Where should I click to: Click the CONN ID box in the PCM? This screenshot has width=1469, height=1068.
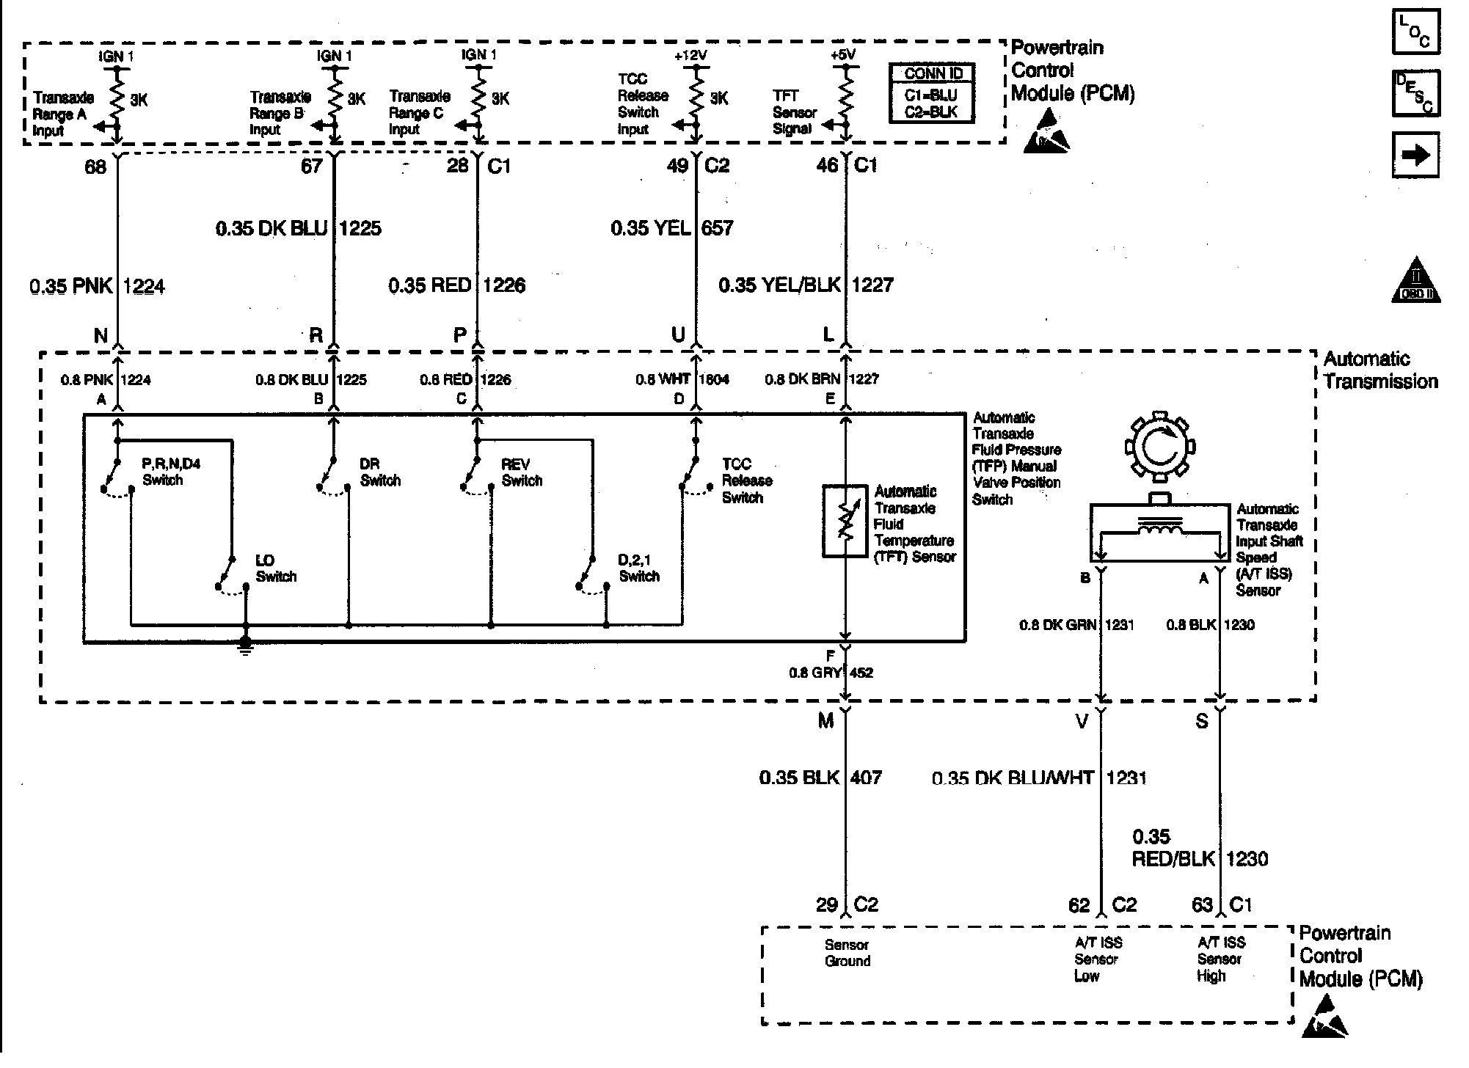click(x=932, y=93)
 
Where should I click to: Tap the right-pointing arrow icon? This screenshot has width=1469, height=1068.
click(x=1415, y=155)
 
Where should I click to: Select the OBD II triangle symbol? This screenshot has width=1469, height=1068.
click(x=1416, y=280)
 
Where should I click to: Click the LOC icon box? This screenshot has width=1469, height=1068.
click(x=1416, y=31)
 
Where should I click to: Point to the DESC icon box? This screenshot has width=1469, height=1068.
click(x=1416, y=93)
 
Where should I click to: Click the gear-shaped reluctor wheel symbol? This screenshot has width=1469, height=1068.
click(x=1159, y=447)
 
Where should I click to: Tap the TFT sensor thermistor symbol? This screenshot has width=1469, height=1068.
click(x=845, y=521)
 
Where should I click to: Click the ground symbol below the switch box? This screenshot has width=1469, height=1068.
click(x=245, y=645)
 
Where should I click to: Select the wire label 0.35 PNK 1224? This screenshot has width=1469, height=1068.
click(x=98, y=286)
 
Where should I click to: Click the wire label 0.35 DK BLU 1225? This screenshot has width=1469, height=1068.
click(x=299, y=229)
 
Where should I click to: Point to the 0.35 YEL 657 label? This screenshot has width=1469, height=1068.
click(x=672, y=228)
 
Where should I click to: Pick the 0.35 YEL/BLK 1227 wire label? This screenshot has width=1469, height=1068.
click(x=806, y=285)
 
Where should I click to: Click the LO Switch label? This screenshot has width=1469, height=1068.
click(x=276, y=569)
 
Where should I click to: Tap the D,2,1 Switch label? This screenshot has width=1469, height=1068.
click(x=639, y=569)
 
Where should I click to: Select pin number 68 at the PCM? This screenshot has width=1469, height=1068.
click(x=95, y=167)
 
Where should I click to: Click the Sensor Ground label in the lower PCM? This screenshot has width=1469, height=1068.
click(x=847, y=954)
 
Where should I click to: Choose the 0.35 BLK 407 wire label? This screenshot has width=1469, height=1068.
click(x=820, y=778)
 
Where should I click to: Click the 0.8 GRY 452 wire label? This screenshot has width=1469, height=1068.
click(x=831, y=673)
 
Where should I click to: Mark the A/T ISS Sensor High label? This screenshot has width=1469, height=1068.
click(x=1220, y=960)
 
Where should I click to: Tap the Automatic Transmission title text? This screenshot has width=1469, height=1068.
click(x=1380, y=370)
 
